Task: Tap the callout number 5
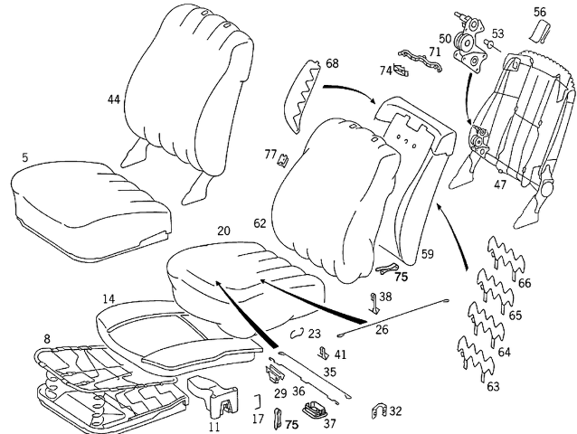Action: click(x=24, y=157)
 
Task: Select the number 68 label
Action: click(x=332, y=63)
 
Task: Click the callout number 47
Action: click(x=499, y=184)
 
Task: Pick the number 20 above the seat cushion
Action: click(x=223, y=231)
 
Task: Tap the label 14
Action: click(x=109, y=298)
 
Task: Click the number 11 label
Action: click(x=214, y=426)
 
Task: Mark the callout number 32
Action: click(x=395, y=411)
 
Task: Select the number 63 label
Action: click(x=493, y=387)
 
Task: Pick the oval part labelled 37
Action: click(x=315, y=409)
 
